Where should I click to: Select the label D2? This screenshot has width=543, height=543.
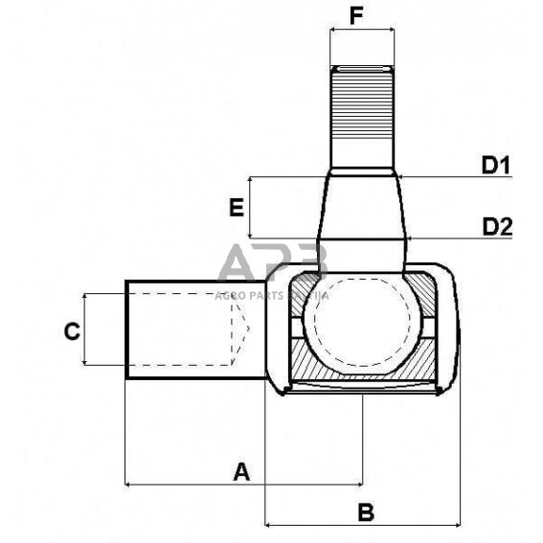(x=497, y=227)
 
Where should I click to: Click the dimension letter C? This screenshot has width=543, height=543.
(x=70, y=331)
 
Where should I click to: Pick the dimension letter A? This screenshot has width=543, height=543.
(x=241, y=470)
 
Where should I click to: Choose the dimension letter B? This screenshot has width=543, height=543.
(x=365, y=511)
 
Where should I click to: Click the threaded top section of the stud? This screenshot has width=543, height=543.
(x=362, y=115)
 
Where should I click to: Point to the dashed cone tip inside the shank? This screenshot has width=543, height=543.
(x=240, y=330)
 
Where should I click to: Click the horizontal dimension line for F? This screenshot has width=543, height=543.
(x=361, y=30)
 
